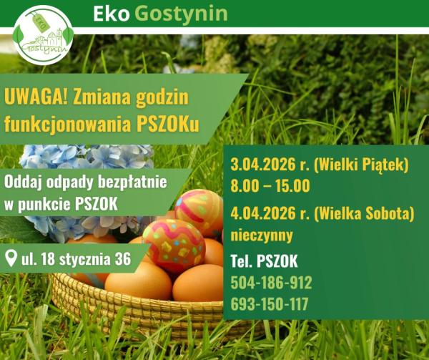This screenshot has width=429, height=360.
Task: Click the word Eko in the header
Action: tap(111, 14)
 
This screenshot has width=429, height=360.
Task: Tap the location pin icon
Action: tap(11, 258)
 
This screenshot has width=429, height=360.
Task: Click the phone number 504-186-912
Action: tap(271, 282)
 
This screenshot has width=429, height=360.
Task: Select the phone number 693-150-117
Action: tap(270, 303)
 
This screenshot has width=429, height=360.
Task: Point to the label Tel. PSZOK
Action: tap(264, 261)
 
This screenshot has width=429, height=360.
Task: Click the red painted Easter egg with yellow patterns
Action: tap(174, 245)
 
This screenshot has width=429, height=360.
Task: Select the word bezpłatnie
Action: tap(131, 181)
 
